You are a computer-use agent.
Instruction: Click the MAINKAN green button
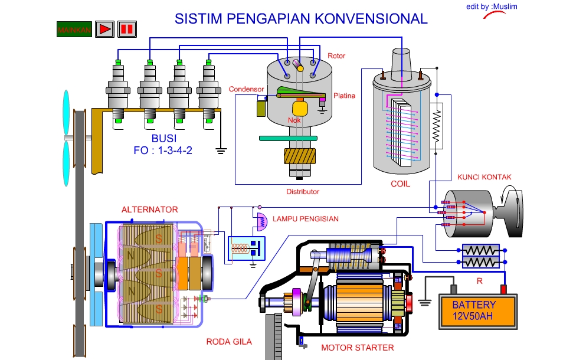click(74, 28)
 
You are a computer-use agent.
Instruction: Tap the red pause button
click(127, 28)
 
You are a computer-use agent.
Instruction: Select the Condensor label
click(246, 89)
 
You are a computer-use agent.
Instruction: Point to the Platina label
click(344, 96)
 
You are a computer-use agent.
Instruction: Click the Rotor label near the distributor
click(336, 56)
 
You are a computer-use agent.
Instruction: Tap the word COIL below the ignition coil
click(400, 184)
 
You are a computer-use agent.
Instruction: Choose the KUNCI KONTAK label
click(484, 177)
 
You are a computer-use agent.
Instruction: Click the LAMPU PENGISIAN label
click(305, 219)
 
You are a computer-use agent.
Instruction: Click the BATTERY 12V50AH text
click(474, 310)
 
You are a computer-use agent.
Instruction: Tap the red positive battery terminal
click(504, 289)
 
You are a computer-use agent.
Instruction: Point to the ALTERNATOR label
click(149, 210)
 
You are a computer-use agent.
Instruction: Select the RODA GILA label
click(229, 342)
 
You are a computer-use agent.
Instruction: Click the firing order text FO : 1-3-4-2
click(163, 150)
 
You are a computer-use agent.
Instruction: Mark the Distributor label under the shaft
click(303, 192)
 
